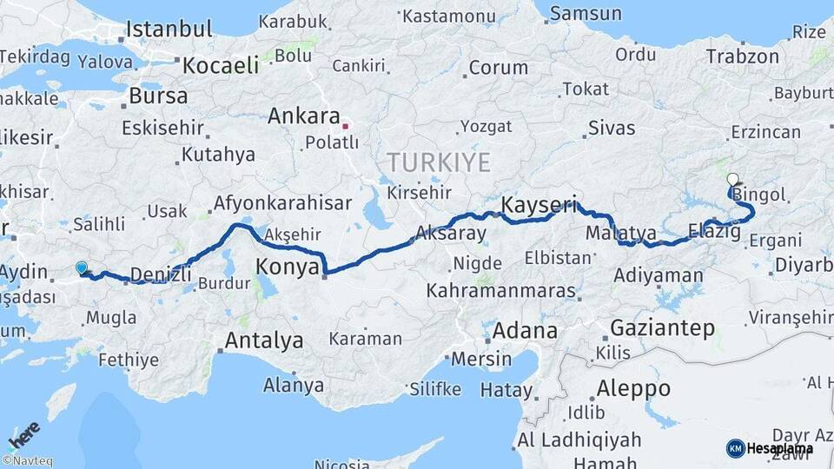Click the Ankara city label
(303, 116)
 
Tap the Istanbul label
(169, 29)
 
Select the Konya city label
(288, 267)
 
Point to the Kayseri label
(539, 205)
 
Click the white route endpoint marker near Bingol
(732, 180)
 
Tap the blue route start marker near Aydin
(82, 269)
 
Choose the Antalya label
(263, 340)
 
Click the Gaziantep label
(663, 328)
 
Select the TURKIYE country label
(439, 162)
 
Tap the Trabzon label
(742, 57)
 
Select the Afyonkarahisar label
(282, 203)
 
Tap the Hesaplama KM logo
(770, 448)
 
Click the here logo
(24, 435)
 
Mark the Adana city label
(525, 331)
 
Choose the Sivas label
(612, 129)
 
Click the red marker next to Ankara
(346, 125)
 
